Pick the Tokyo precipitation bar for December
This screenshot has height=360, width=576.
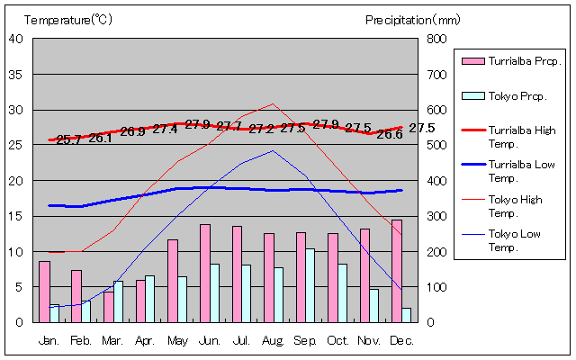click(407, 315)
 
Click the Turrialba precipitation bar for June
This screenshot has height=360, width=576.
click(205, 273)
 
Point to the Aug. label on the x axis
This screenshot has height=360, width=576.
click(274, 341)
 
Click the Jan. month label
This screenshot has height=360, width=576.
click(49, 341)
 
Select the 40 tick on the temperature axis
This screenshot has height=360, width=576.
click(15, 39)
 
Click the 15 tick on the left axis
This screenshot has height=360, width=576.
click(15, 216)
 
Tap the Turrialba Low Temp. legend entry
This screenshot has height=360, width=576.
click(516, 171)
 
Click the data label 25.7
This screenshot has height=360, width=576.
click(68, 139)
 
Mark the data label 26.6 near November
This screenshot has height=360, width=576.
click(389, 134)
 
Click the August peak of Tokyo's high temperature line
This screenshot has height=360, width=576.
click(274, 103)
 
